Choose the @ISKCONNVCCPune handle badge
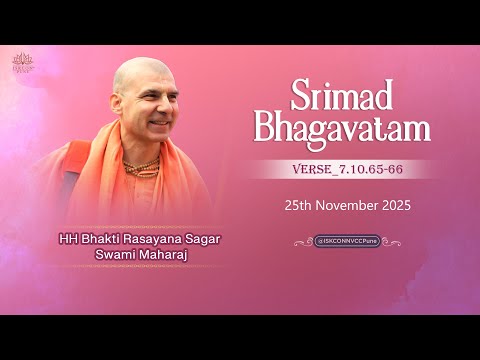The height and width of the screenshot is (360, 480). (347, 241)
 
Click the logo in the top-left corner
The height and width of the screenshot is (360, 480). (22, 63)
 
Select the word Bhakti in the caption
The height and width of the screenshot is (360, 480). (99, 238)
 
